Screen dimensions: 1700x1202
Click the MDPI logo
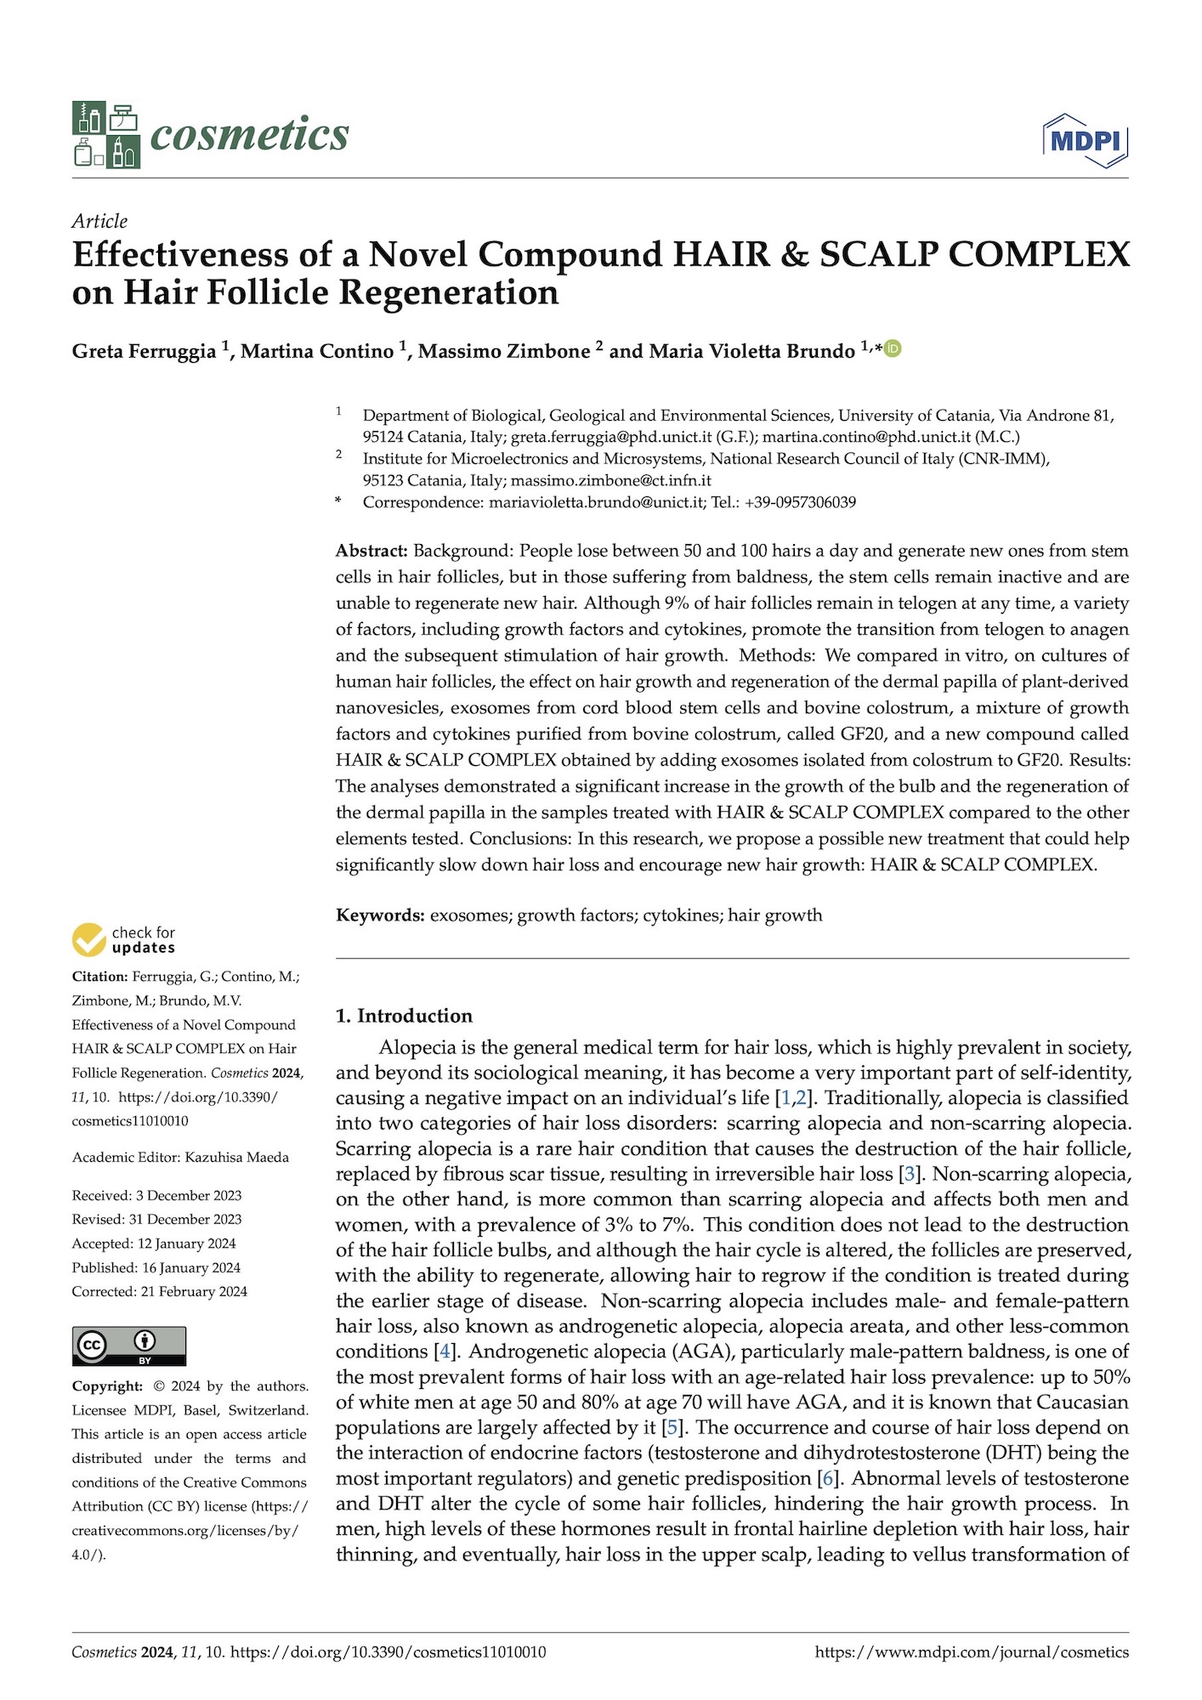pyautogui.click(x=1085, y=139)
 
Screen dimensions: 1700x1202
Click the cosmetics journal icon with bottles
pyautogui.click(x=105, y=134)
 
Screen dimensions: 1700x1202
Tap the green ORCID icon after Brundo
pyautogui.click(x=892, y=348)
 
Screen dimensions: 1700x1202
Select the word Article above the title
pyautogui.click(x=99, y=221)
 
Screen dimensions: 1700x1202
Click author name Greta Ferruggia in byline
pyautogui.click(x=144, y=351)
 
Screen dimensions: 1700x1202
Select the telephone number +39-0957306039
pyautogui.click(x=800, y=502)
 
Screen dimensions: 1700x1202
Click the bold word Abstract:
pyautogui.click(x=371, y=551)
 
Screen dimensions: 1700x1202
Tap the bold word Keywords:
pyautogui.click(x=380, y=915)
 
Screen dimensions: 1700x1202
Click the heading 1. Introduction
pyautogui.click(x=404, y=1016)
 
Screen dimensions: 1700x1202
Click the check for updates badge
pyautogui.click(x=124, y=939)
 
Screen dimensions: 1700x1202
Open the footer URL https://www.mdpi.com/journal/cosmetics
pyautogui.click(x=972, y=1652)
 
